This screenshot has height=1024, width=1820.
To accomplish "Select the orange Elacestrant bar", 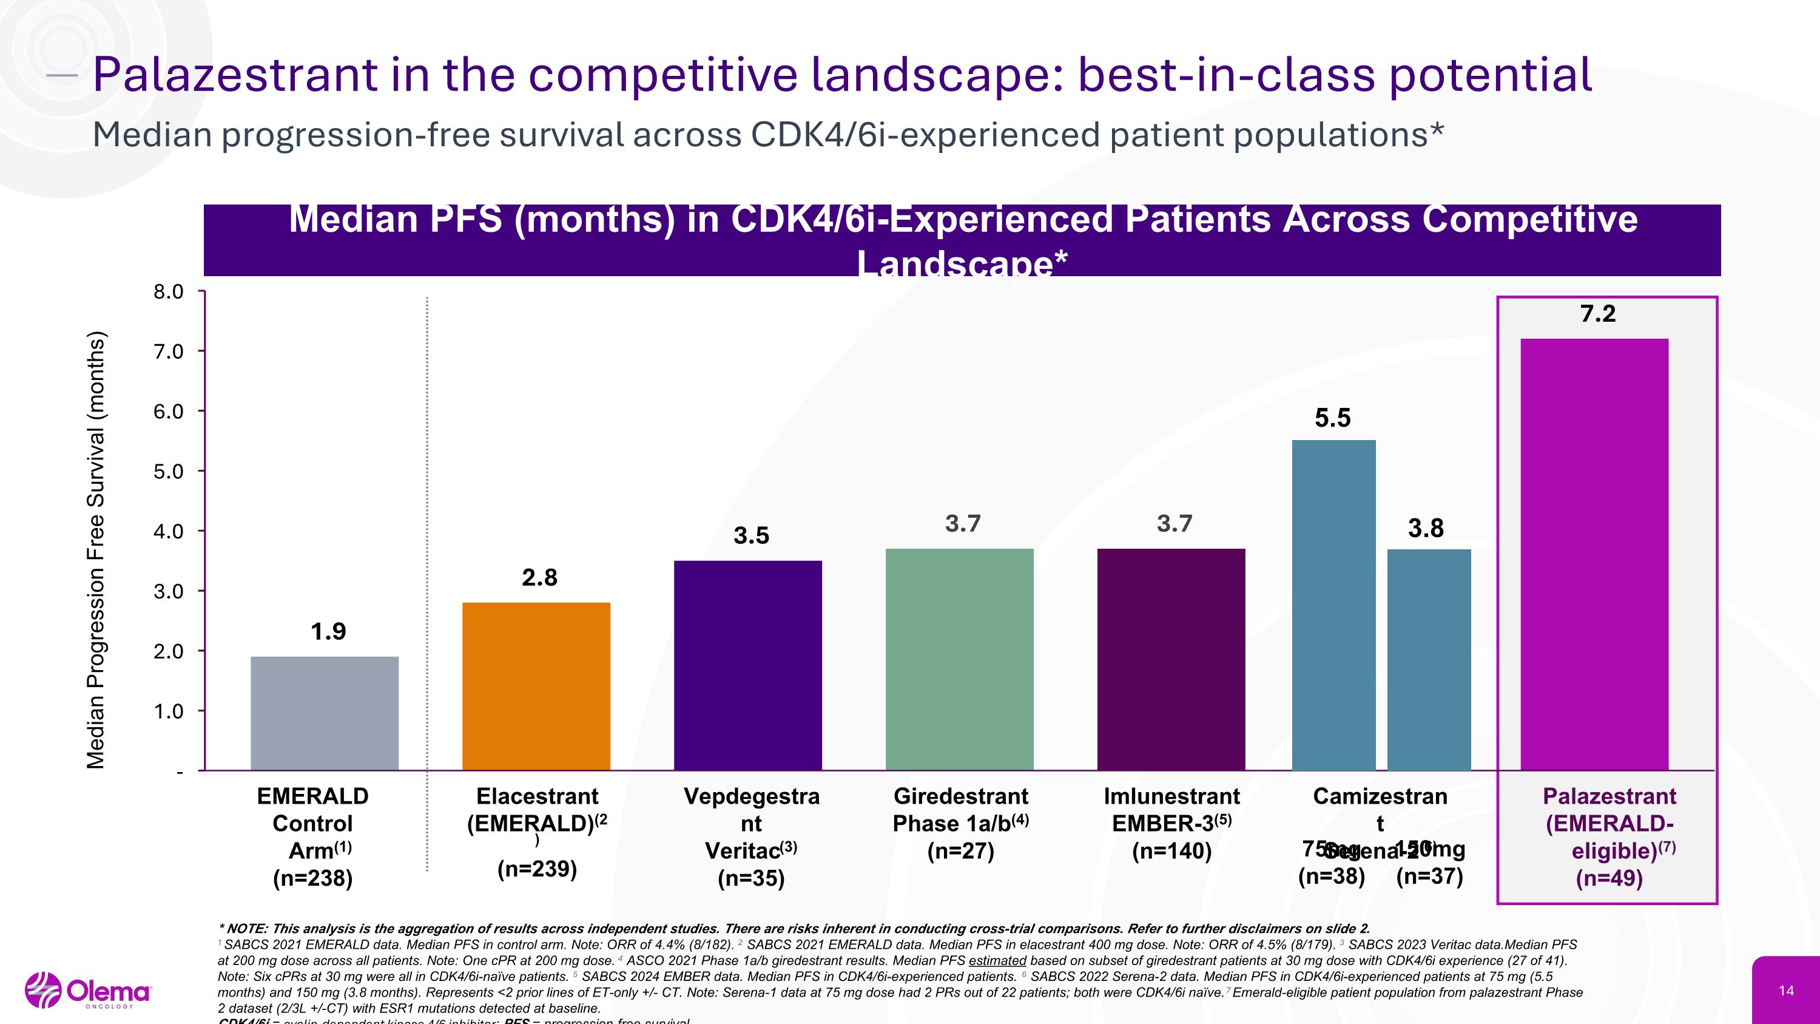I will (536, 685).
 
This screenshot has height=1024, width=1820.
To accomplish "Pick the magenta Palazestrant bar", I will (1594, 554).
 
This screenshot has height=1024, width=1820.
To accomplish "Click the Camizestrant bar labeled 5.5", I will (1333, 604).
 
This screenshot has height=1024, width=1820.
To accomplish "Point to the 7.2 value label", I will (1597, 313).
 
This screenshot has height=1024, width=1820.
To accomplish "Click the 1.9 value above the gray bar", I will (329, 631).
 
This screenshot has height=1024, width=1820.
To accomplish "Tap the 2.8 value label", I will (539, 577).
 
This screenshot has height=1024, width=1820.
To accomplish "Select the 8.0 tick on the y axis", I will (168, 292).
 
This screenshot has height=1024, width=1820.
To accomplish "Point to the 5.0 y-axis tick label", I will (168, 472).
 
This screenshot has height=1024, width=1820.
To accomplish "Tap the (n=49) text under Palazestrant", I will (1609, 878).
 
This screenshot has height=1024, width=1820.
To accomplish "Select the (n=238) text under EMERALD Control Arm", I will (312, 878).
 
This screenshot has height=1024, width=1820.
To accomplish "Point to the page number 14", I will (1786, 991).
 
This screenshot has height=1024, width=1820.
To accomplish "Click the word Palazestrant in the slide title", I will (235, 75).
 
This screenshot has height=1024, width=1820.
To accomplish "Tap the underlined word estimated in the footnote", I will (997, 961).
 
